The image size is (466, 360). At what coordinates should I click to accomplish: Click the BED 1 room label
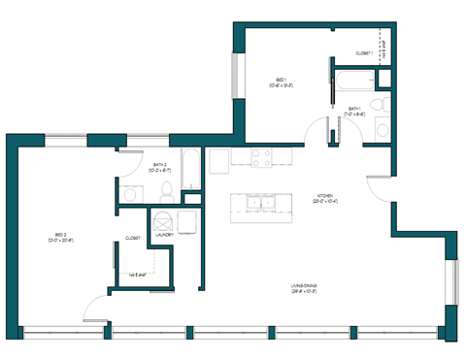click(x=281, y=81)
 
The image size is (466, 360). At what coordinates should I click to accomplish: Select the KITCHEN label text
click(x=324, y=196)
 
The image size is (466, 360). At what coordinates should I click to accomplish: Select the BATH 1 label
click(x=355, y=110)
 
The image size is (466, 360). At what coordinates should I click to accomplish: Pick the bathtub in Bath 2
click(x=191, y=170)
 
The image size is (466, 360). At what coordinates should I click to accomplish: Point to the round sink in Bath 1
click(x=383, y=130)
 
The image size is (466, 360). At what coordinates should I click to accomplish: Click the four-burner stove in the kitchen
click(x=262, y=155)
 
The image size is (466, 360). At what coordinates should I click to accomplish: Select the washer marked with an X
click(x=161, y=218)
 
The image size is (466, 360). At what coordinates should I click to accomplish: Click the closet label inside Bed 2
click(x=133, y=238)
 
